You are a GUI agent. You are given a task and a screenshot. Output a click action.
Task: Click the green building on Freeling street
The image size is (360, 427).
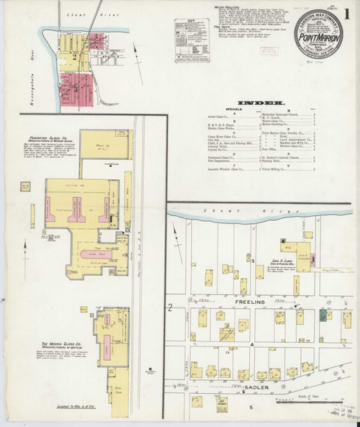click(323, 315)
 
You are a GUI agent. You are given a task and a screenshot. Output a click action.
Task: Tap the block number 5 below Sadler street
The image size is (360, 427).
click(251, 408)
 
